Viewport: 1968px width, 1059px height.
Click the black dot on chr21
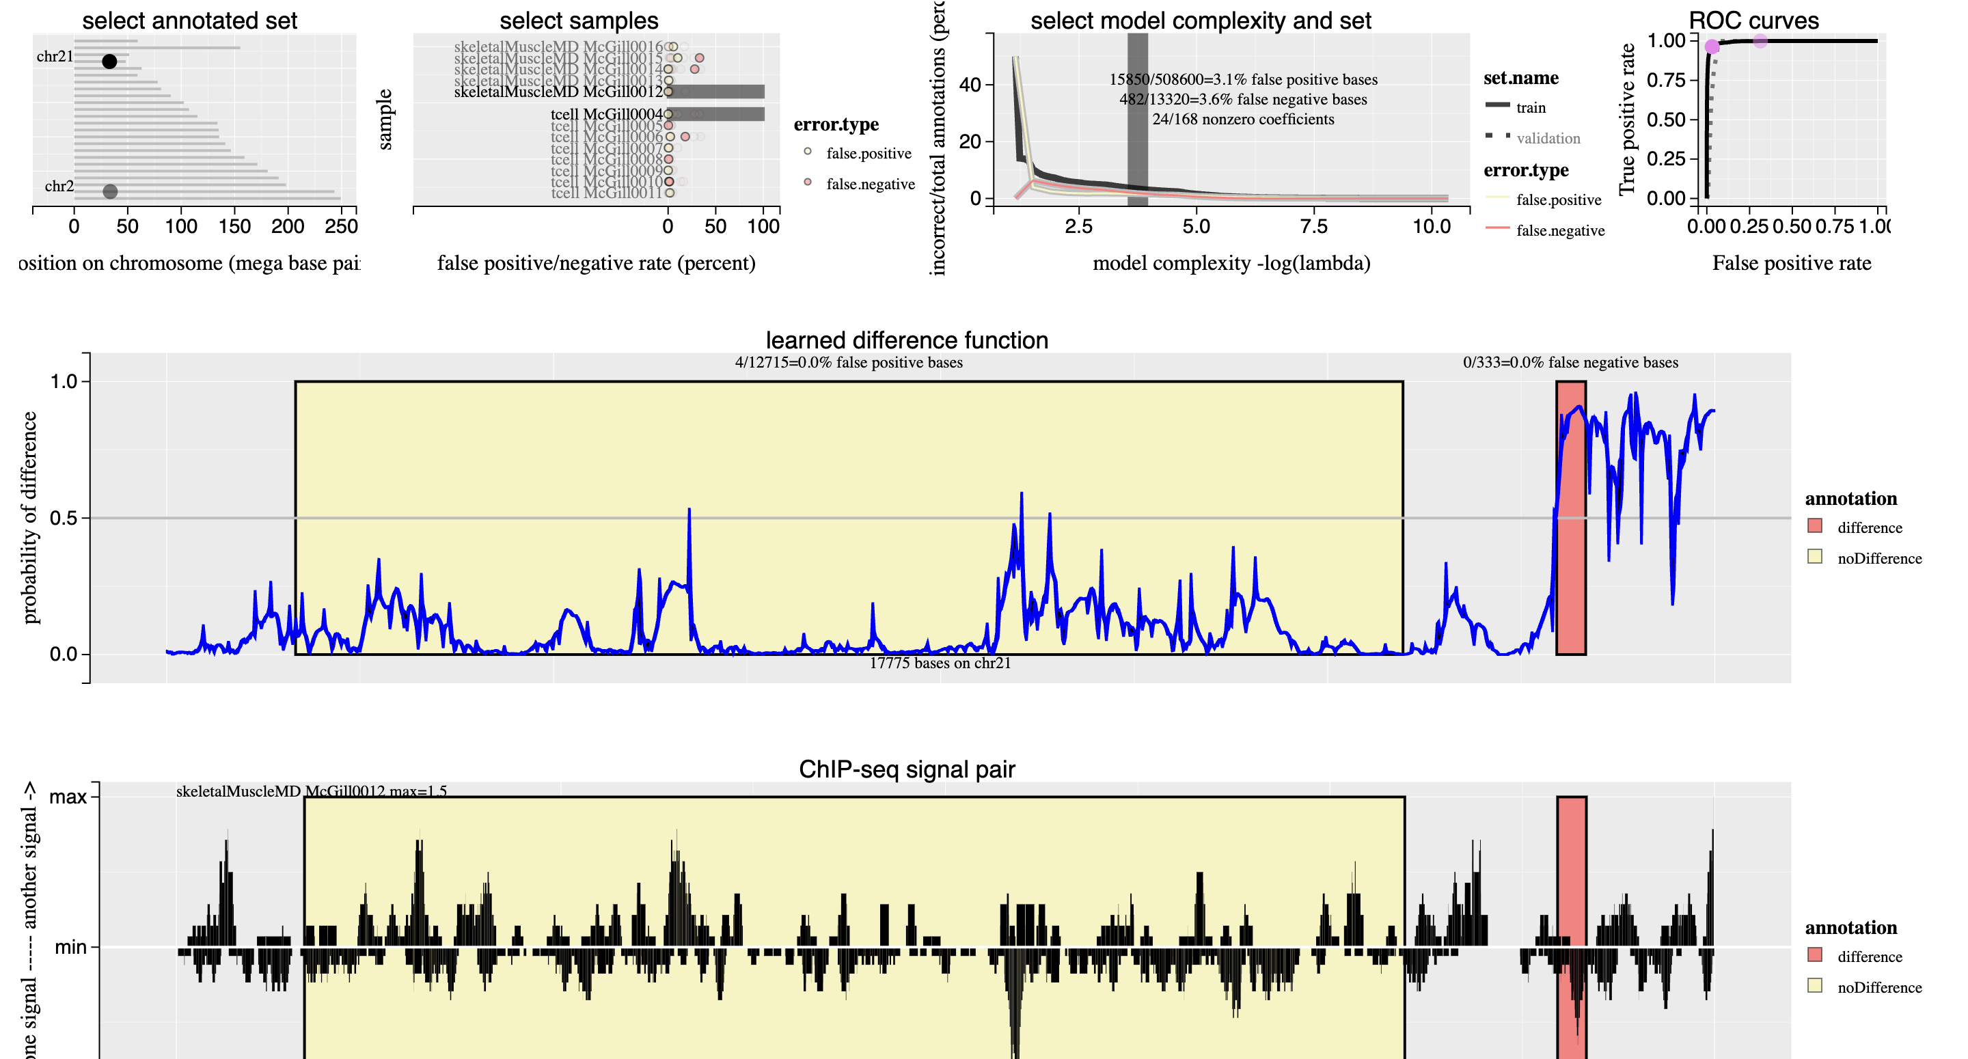(109, 61)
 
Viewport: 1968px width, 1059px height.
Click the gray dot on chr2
(110, 191)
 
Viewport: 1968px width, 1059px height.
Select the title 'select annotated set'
(189, 20)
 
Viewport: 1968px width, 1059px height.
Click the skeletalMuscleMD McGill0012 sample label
(558, 92)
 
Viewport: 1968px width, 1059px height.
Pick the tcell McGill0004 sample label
(607, 115)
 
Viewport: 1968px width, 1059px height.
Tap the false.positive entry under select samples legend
(868, 154)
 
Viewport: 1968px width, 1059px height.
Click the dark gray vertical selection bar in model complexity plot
(1137, 119)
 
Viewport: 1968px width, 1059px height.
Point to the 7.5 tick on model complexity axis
(1313, 226)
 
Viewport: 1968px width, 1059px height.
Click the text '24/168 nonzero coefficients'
(1243, 119)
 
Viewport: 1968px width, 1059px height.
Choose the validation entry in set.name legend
(1548, 138)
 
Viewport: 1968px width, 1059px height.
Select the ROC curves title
(1753, 20)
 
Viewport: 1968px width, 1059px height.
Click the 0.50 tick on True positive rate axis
(1666, 119)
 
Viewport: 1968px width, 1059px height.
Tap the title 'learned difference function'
(907, 340)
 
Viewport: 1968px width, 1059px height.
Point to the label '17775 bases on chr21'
(940, 663)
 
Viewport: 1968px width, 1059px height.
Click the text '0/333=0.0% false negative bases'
(1570, 362)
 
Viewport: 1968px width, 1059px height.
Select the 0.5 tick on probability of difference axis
(64, 518)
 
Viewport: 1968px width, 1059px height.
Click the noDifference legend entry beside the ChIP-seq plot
(1878, 987)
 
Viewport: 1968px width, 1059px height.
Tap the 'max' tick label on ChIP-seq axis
(68, 797)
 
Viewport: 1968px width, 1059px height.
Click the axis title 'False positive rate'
(1791, 264)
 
